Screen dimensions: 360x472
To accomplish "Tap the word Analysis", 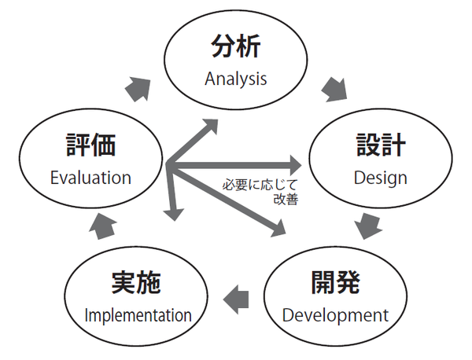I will (236, 79).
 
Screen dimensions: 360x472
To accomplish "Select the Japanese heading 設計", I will (380, 145).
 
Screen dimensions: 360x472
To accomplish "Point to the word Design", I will (380, 177).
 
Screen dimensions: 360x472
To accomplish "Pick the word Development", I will (335, 316).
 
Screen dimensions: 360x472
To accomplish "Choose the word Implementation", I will (138, 316).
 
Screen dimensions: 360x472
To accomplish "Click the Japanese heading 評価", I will (90, 145).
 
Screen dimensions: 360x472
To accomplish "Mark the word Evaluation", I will (90, 177).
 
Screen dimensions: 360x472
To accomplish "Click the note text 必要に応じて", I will (256, 186).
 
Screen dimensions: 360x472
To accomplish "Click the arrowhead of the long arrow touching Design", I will (294, 165).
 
